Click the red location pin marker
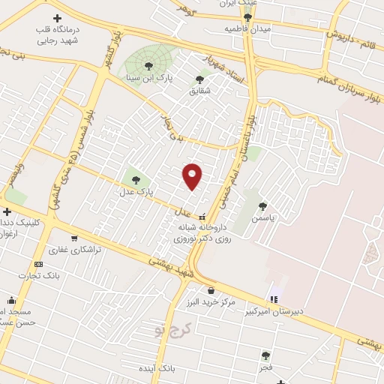pyautogui.click(x=193, y=175)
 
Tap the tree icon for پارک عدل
pyautogui.click(x=136, y=179)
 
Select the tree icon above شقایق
pyautogui.click(x=199, y=79)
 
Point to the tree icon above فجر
pyautogui.click(x=265, y=355)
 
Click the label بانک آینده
pyautogui.click(x=157, y=369)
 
